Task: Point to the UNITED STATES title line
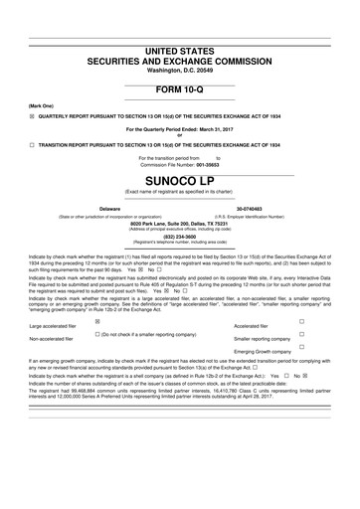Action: coord(180,50)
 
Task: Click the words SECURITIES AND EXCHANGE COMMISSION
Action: coord(180,61)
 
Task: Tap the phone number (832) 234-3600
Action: coord(180,237)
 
